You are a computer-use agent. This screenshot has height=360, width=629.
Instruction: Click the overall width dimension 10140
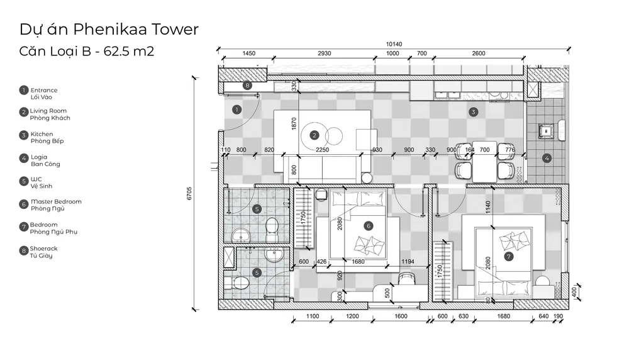pyautogui.click(x=394, y=44)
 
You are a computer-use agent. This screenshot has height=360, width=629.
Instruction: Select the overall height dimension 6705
pyautogui.click(x=189, y=193)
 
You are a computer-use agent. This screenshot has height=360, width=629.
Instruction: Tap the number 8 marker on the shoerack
pyautogui.click(x=247, y=85)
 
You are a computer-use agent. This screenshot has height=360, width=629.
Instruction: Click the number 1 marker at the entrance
pyautogui.click(x=237, y=109)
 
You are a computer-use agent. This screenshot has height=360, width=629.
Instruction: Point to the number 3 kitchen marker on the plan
pyautogui.click(x=474, y=112)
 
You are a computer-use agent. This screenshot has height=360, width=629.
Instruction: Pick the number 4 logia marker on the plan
pyautogui.click(x=547, y=158)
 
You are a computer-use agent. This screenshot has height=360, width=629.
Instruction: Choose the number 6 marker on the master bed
pyautogui.click(x=368, y=226)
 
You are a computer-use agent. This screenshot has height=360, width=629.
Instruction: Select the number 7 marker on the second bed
pyautogui.click(x=509, y=256)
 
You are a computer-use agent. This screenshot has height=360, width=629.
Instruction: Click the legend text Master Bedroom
pyautogui.click(x=56, y=201)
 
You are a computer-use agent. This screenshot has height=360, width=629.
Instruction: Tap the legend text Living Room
pyautogui.click(x=48, y=111)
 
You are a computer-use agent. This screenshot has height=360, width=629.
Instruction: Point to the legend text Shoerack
pyautogui.click(x=44, y=249)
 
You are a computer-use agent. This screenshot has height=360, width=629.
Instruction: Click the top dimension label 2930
pyautogui.click(x=324, y=53)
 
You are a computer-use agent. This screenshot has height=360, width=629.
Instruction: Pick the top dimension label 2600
pyautogui.click(x=479, y=53)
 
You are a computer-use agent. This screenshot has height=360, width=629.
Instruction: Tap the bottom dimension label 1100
pyautogui.click(x=313, y=316)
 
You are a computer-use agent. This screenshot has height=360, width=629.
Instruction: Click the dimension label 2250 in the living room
pyautogui.click(x=322, y=150)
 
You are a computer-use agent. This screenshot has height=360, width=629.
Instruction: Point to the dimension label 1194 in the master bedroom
pyautogui.click(x=408, y=262)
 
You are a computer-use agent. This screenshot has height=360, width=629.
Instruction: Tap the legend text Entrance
pyautogui.click(x=44, y=90)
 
